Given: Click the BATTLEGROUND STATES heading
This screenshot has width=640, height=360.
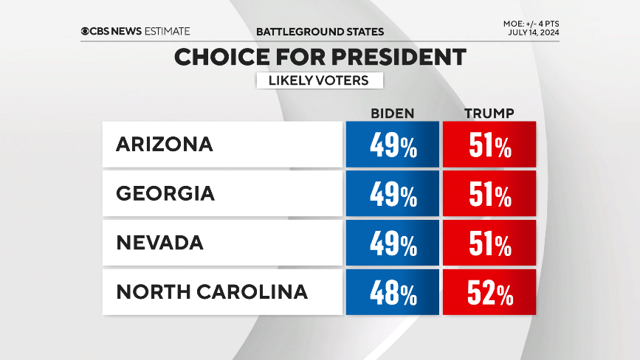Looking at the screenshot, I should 320,32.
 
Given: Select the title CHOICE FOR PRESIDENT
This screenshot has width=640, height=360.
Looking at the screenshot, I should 320,58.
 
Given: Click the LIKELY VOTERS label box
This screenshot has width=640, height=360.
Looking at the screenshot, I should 320,80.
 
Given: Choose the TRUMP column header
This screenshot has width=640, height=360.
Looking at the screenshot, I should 489,113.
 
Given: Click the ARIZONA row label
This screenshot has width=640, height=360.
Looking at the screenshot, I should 164,145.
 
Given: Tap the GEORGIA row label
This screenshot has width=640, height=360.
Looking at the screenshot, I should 165,193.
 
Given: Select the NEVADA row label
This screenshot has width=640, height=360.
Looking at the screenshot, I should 159,243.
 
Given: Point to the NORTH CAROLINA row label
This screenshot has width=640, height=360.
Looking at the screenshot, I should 212,292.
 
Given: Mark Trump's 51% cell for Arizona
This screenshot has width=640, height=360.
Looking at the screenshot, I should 489,145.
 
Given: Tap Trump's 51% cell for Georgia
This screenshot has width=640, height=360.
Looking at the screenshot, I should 489,193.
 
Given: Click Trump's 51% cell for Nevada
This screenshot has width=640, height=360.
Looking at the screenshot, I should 489,243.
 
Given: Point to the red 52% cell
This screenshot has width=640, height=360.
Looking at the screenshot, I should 489,292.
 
